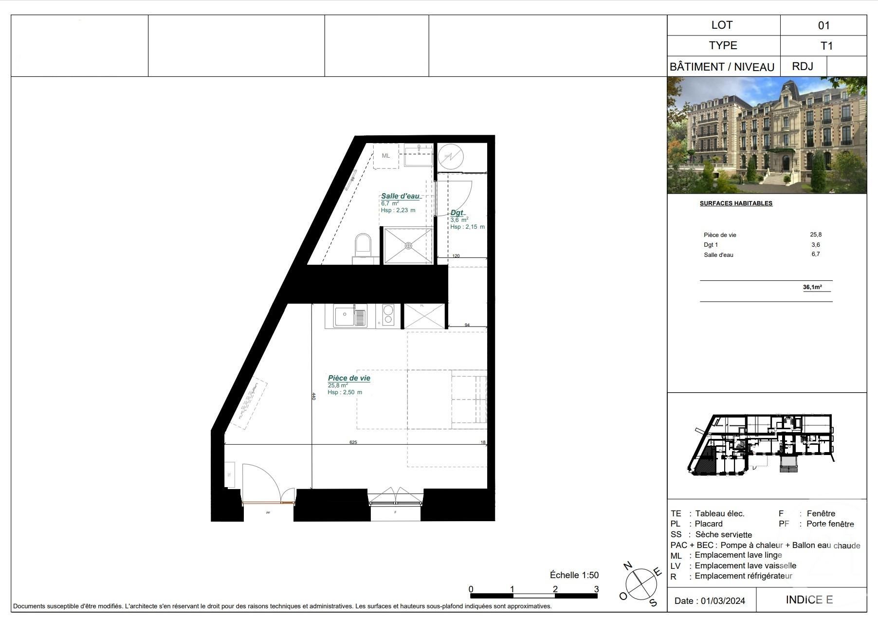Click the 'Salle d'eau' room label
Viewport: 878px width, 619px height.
click(x=400, y=196)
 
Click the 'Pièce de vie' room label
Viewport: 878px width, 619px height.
click(x=349, y=378)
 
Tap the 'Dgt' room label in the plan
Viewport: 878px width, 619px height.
click(x=457, y=213)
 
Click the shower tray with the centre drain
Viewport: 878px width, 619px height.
click(x=408, y=246)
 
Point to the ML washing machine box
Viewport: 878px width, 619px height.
click(x=386, y=156)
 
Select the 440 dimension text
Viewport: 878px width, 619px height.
click(x=314, y=397)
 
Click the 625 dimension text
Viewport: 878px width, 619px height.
click(x=353, y=442)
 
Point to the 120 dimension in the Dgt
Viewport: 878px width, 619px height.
click(x=456, y=256)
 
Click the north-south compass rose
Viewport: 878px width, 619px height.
click(x=641, y=583)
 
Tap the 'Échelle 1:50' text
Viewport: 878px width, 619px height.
click(x=574, y=575)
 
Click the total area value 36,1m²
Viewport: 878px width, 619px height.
click(x=812, y=287)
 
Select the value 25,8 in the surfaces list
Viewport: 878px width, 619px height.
click(x=816, y=235)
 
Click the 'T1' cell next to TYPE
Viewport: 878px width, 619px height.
click(x=826, y=46)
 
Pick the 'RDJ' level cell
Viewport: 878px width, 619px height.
click(x=803, y=66)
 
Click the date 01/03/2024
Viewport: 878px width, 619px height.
click(x=723, y=601)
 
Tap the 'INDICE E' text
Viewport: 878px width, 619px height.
click(x=809, y=600)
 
